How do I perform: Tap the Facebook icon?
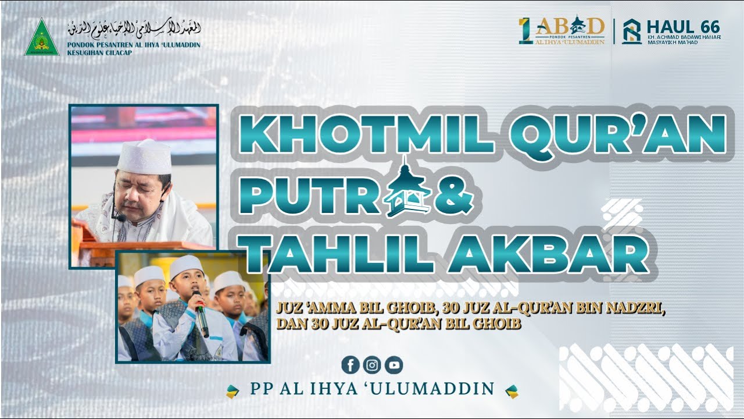pos(350,365)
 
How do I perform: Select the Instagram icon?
pos(372,365)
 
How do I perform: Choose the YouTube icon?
pos(394,365)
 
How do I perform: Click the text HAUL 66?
pos(683,27)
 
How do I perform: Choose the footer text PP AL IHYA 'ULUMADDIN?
pos(372,389)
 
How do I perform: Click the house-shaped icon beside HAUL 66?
pos(631,31)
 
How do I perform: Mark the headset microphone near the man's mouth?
pos(120,218)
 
